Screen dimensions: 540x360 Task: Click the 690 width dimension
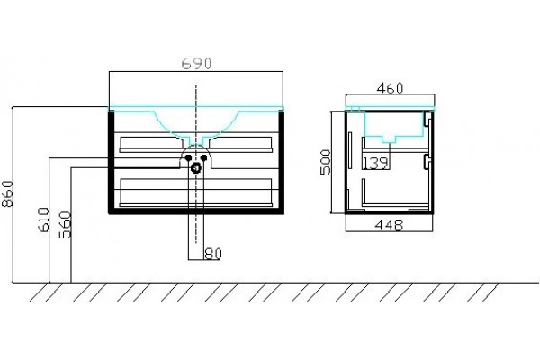(x=196, y=63)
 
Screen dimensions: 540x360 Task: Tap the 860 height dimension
(x=7, y=193)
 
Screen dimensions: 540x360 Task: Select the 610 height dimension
(x=44, y=220)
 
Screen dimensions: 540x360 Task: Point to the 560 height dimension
(x=65, y=225)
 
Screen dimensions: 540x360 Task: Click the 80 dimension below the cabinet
(x=213, y=254)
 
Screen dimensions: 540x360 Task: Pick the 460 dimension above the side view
(x=390, y=88)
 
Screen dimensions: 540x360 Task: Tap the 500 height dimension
(x=326, y=162)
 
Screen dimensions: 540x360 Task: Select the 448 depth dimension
(x=389, y=226)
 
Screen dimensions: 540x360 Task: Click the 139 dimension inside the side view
(x=375, y=163)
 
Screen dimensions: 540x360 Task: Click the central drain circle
(x=196, y=168)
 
